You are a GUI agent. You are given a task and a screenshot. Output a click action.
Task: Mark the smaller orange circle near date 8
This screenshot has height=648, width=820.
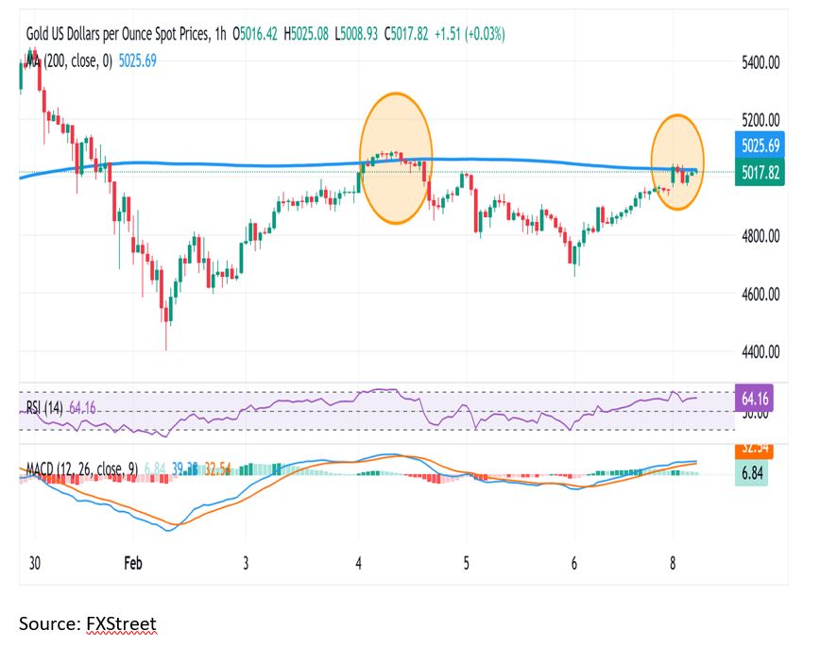677,162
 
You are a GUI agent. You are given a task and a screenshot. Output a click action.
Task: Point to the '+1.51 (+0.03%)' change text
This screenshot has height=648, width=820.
468,34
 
